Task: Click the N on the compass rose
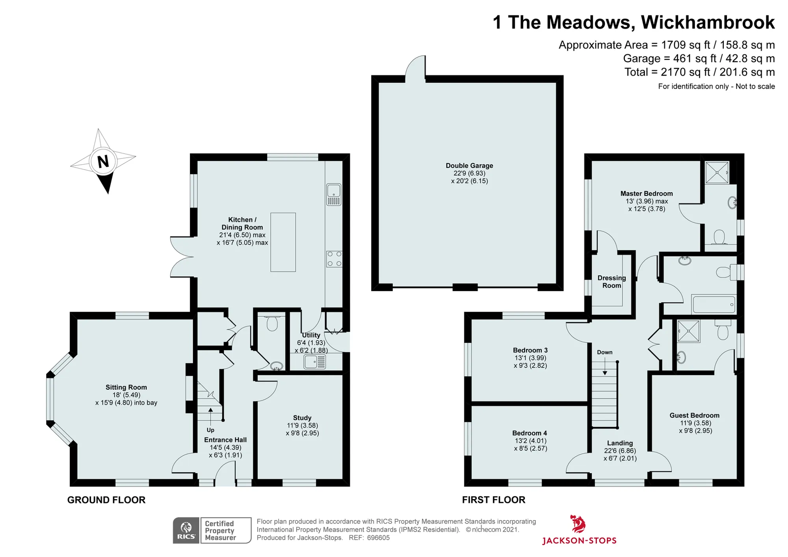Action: (x=103, y=162)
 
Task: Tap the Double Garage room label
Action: (x=469, y=166)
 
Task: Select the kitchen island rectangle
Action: (x=283, y=242)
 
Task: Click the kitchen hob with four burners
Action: (x=334, y=259)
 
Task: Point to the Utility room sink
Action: (x=315, y=362)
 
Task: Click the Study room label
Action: (x=302, y=418)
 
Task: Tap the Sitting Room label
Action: (x=126, y=387)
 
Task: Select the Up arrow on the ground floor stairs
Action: (x=210, y=416)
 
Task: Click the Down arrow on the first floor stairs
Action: (x=605, y=366)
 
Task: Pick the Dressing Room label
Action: (x=611, y=282)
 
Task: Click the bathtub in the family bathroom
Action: (x=714, y=304)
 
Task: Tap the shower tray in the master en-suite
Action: (x=717, y=172)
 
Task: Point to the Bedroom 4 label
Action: (x=530, y=433)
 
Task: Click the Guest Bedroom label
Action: (x=694, y=415)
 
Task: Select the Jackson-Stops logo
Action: (x=579, y=530)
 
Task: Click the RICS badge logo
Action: (x=186, y=531)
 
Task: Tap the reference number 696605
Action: (x=378, y=538)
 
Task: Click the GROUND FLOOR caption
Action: (x=106, y=500)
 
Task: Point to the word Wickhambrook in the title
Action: (x=708, y=22)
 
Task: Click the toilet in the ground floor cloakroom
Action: (x=272, y=323)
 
